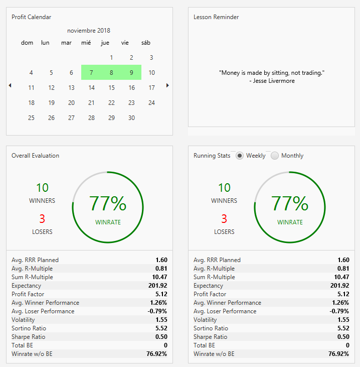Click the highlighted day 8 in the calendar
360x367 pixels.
click(x=111, y=73)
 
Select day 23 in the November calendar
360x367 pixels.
click(x=131, y=103)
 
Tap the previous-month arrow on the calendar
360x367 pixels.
click(x=10, y=85)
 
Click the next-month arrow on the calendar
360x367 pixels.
click(x=167, y=85)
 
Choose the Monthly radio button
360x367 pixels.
click(x=275, y=156)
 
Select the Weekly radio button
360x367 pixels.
click(x=240, y=156)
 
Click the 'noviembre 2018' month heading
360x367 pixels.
click(x=89, y=31)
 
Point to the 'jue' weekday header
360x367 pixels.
click(x=105, y=43)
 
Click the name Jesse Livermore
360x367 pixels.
click(x=274, y=81)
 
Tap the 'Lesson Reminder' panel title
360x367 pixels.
click(x=216, y=17)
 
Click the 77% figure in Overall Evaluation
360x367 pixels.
click(x=108, y=203)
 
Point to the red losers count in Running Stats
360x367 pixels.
click(x=224, y=218)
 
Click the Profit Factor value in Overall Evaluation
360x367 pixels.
click(x=161, y=294)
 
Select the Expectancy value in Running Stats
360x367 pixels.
click(x=339, y=286)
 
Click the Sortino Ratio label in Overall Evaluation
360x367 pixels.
click(x=29, y=328)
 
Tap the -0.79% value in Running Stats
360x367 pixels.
click(x=339, y=311)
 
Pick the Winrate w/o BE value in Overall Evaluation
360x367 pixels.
click(x=156, y=354)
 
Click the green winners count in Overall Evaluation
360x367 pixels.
click(x=42, y=188)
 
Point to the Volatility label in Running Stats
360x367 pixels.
click(x=205, y=320)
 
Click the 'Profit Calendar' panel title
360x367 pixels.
click(x=31, y=17)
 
